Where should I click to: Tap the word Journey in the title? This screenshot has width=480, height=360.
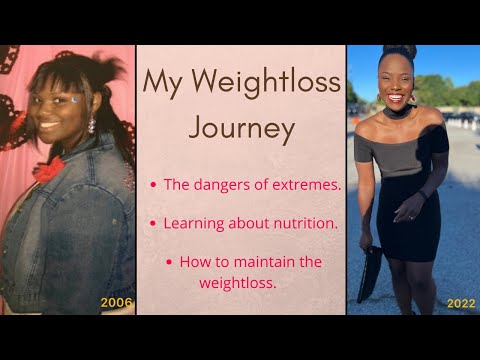[x=241, y=128]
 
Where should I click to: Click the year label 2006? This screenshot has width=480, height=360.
[x=116, y=302]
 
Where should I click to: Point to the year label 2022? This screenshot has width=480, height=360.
[x=461, y=302]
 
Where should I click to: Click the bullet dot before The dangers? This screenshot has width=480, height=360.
[x=152, y=185]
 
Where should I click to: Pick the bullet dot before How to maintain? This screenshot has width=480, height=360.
[x=168, y=262]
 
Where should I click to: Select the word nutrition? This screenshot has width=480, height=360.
[x=304, y=223]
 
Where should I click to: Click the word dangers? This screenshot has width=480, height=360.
[x=224, y=184]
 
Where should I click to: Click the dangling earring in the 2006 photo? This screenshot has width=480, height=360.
[x=90, y=125]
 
